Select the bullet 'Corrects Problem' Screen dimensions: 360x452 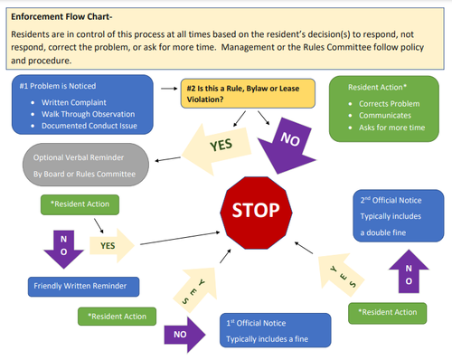[x=392, y=105]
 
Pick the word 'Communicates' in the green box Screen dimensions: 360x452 [x=389, y=118]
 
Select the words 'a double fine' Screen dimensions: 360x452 [x=391, y=232]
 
